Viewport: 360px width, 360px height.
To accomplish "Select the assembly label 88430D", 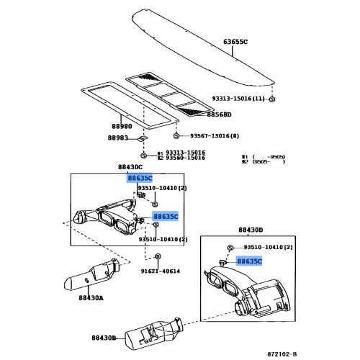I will (x=251, y=230).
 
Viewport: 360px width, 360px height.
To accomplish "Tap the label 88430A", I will (x=91, y=298).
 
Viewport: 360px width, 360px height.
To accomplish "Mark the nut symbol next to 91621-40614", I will (x=158, y=257).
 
